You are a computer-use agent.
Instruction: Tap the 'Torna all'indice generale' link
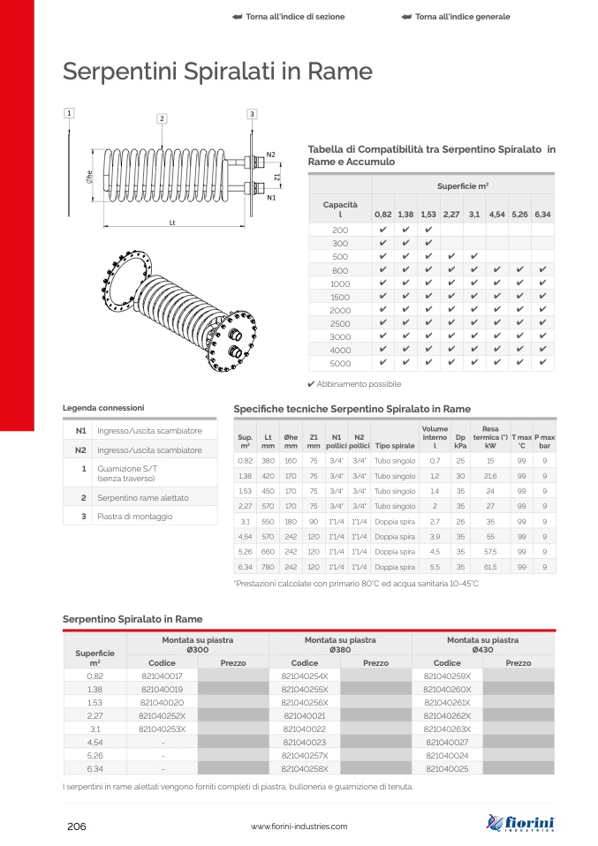[455, 17]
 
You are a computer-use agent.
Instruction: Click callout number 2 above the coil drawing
[163, 118]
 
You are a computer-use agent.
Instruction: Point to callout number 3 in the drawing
[252, 114]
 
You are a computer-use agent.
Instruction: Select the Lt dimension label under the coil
[172, 222]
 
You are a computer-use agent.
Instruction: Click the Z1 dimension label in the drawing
[277, 177]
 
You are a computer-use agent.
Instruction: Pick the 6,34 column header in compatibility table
[542, 215]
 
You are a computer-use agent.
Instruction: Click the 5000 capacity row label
[340, 363]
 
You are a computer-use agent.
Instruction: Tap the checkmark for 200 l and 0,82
[382, 230]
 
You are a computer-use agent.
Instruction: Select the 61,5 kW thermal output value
[490, 566]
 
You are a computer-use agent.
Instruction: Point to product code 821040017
[162, 676]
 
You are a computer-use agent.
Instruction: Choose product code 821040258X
[304, 769]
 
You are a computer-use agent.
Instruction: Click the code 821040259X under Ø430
[447, 676]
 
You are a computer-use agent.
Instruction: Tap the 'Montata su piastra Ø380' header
[340, 645]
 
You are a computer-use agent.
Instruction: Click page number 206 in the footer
[76, 827]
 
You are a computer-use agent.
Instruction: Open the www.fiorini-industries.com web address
[299, 827]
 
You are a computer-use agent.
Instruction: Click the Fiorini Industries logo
[520, 823]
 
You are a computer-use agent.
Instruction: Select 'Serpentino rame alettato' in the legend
[141, 498]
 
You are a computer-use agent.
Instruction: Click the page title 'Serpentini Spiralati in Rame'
[217, 72]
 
